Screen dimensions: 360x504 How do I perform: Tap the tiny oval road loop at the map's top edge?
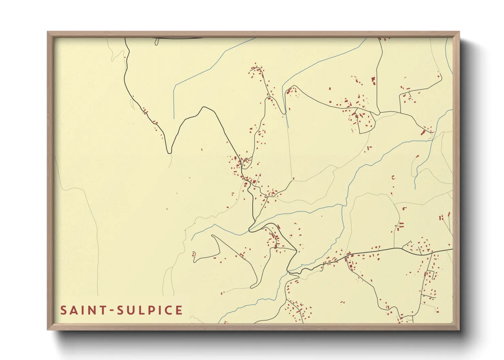[x=157, y=42]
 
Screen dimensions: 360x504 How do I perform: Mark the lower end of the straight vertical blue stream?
[x=174, y=118]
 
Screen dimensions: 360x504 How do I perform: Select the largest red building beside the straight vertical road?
[x=373, y=81]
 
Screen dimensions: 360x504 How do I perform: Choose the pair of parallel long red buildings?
[x=401, y=225]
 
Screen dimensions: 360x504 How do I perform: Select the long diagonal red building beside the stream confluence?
[x=424, y=132]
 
